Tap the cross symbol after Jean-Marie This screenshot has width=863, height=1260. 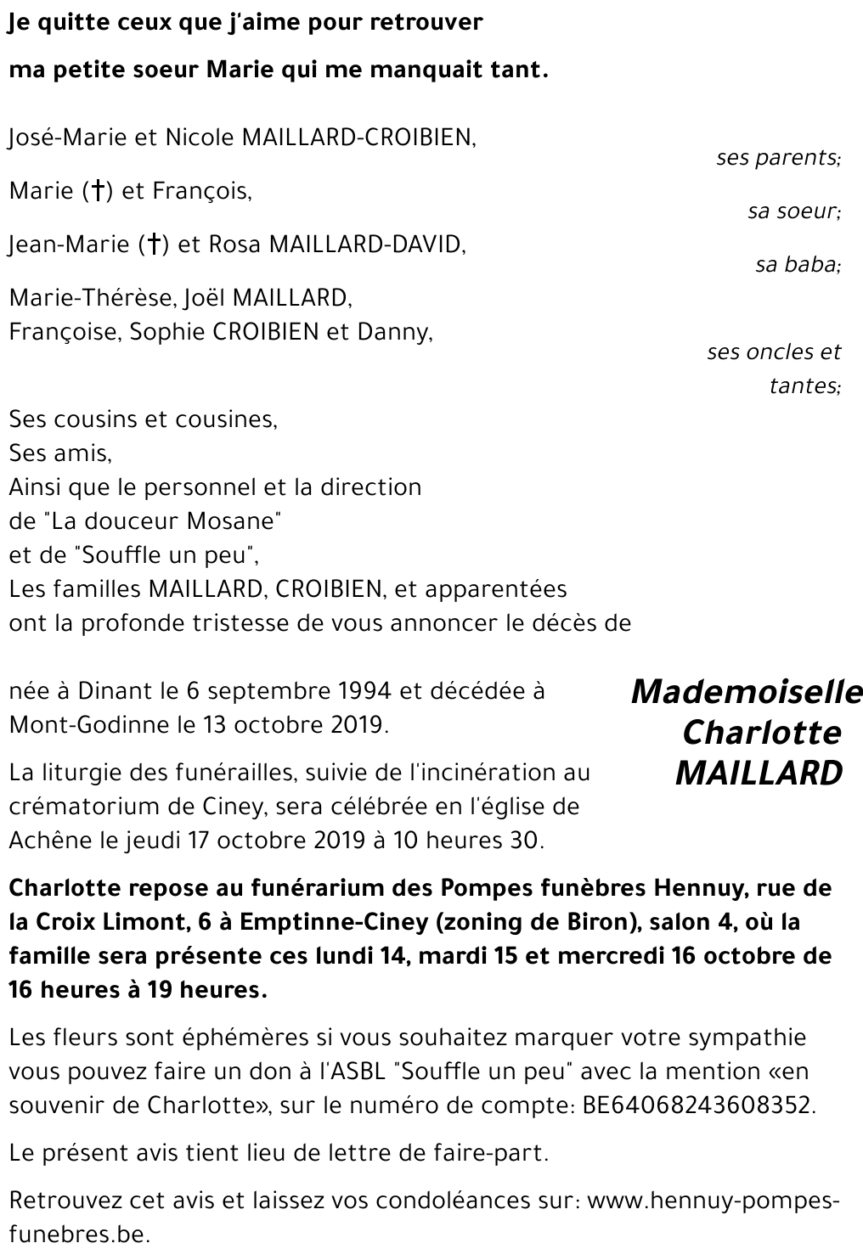tap(155, 245)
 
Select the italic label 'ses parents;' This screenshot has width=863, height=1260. tap(778, 158)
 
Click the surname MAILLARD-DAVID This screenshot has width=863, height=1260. tap(367, 245)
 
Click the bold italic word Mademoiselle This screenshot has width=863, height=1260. tap(747, 692)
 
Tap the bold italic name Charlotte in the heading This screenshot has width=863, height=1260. tap(761, 732)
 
